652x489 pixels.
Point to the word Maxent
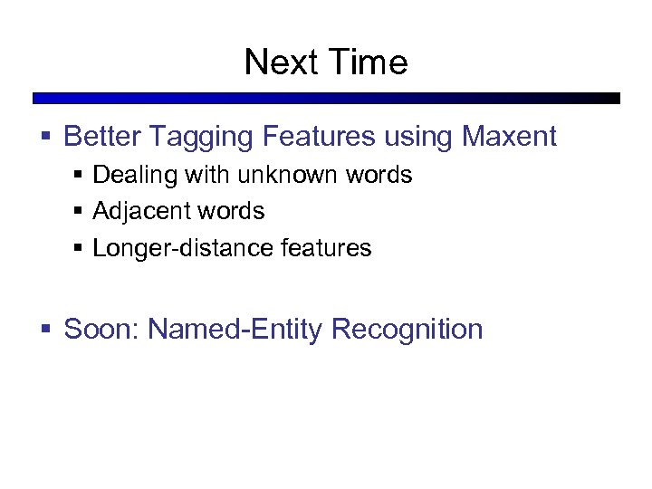pyautogui.click(x=509, y=137)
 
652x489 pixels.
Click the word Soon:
pyautogui.click(x=101, y=329)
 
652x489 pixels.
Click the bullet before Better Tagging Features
pyautogui.click(x=47, y=138)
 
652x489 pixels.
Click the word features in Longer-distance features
pyautogui.click(x=327, y=248)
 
